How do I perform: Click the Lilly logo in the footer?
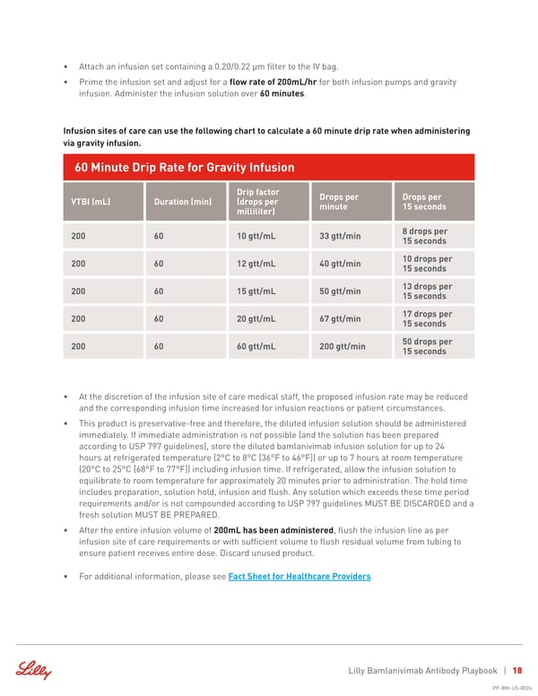(x=33, y=671)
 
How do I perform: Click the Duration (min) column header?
(x=182, y=202)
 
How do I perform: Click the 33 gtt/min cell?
(x=341, y=237)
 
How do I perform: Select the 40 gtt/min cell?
(x=341, y=264)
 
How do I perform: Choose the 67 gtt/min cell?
(x=341, y=318)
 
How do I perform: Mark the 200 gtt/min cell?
(x=343, y=346)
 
